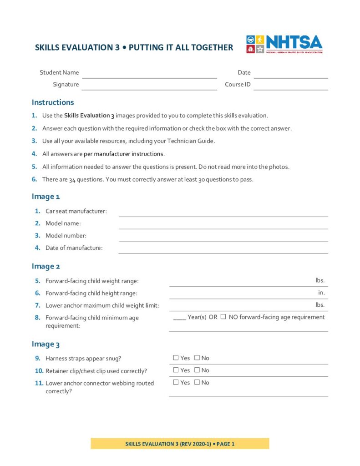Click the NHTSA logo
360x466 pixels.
click(x=284, y=45)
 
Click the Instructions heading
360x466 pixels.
click(x=53, y=102)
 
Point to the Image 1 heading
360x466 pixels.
click(x=46, y=197)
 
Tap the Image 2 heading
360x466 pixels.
click(x=46, y=266)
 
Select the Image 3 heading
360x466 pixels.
click(x=46, y=344)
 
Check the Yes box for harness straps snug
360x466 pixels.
click(x=176, y=358)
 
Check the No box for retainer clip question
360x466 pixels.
click(x=197, y=370)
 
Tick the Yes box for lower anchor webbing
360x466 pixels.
click(x=176, y=382)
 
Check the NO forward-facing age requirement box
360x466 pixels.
click(x=223, y=317)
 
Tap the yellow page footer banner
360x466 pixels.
click(x=180, y=444)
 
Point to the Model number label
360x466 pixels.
click(x=66, y=236)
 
